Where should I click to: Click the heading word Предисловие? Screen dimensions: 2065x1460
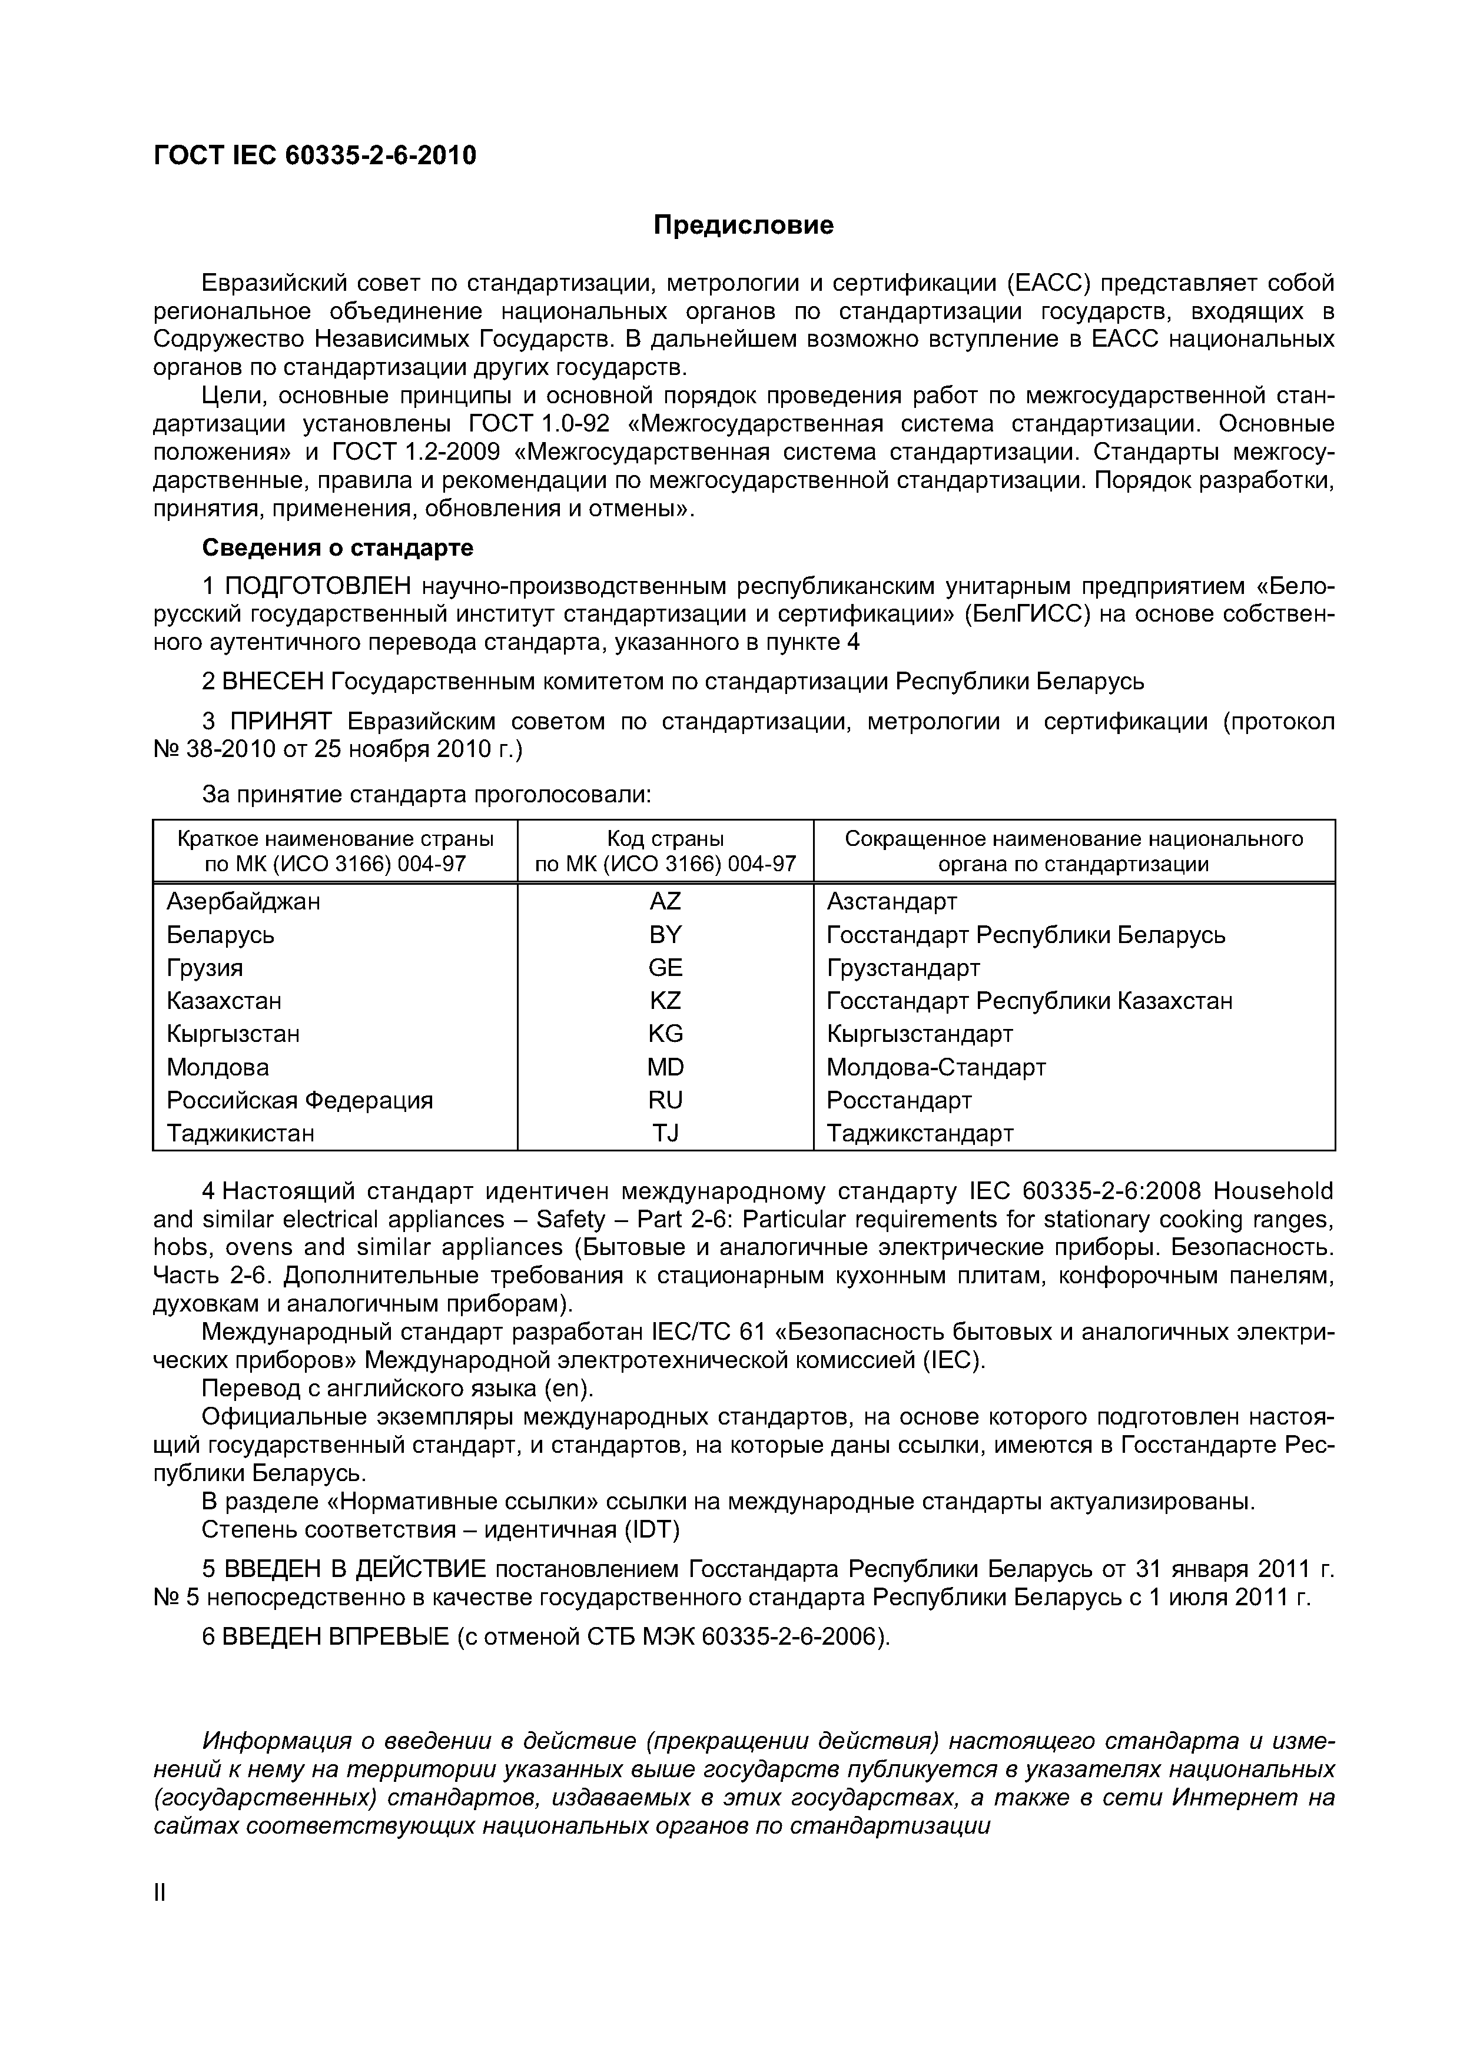pyautogui.click(x=743, y=225)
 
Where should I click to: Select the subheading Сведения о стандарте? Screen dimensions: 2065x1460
pyautogui.click(x=337, y=547)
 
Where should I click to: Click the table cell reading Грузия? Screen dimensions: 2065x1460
pyautogui.click(x=205, y=968)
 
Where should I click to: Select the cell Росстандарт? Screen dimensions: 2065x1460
pyautogui.click(x=899, y=1100)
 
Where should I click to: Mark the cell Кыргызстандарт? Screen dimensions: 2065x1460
pyautogui.click(x=920, y=1034)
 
